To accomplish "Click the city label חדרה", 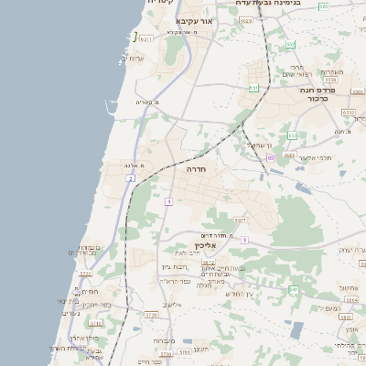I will point(197,170).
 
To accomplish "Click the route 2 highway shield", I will point(131,178).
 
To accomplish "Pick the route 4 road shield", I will point(169,200).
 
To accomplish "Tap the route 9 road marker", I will point(245,239).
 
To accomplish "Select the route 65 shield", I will point(271,157).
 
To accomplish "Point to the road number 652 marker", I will point(290,44).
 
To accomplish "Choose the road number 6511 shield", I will point(145,39).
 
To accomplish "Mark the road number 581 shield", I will point(294,289).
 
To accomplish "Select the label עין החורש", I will point(235,293).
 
